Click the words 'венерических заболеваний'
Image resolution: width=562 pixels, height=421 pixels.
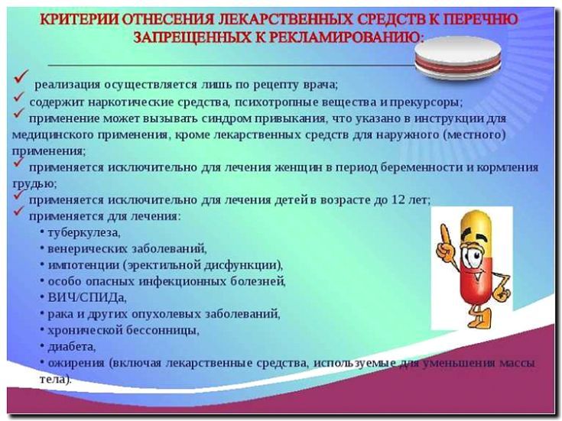click(127, 249)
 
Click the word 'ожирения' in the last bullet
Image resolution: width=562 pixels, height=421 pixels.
click(75, 363)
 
